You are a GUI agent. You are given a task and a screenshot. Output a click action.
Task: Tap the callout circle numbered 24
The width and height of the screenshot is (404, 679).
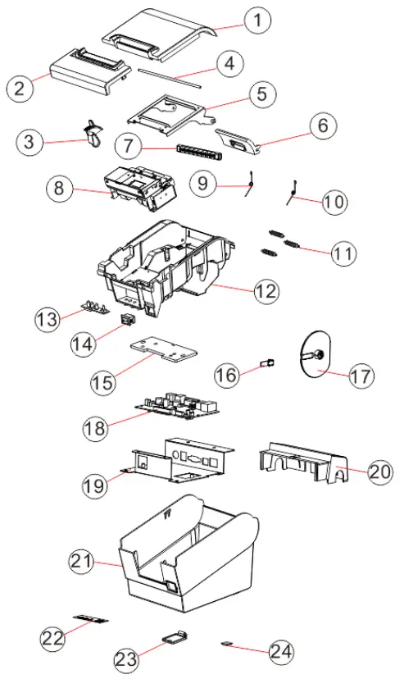281,651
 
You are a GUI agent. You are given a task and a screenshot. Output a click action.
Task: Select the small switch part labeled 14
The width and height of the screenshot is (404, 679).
126,319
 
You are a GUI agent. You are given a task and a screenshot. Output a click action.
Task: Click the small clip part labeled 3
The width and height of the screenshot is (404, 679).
92,133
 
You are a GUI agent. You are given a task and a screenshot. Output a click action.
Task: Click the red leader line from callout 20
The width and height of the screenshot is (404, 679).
339,470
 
